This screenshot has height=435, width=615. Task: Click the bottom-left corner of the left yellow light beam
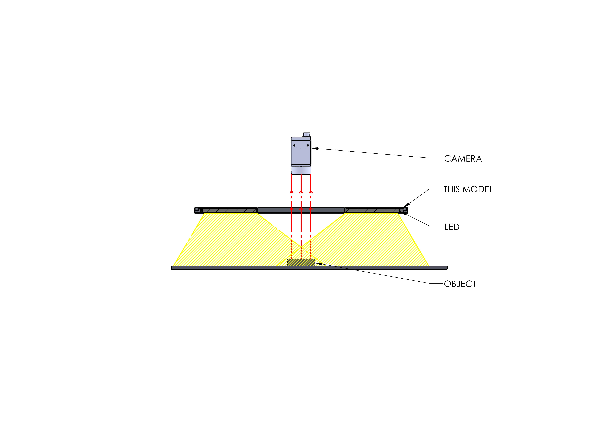pyautogui.click(x=174, y=266)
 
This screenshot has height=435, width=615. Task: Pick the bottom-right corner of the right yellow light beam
pyautogui.click(x=429, y=266)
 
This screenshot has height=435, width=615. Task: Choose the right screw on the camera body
pyautogui.click(x=308, y=145)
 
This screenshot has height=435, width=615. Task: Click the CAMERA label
pyautogui.click(x=463, y=159)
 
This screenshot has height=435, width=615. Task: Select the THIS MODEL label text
pyautogui.click(x=468, y=190)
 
